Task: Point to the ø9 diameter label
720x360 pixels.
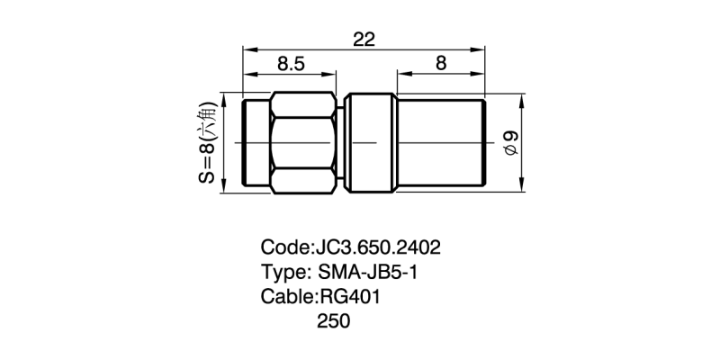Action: tap(510, 143)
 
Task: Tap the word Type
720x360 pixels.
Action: tap(283, 272)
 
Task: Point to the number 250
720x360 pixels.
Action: tap(333, 321)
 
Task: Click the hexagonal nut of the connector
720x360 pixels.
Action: tap(306, 143)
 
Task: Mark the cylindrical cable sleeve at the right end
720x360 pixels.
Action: tap(441, 143)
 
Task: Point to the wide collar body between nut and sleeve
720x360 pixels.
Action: tap(372, 143)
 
